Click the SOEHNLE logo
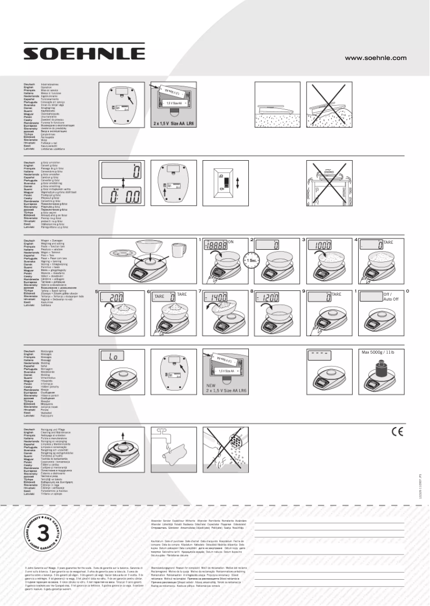click(x=84, y=53)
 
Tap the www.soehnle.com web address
click(x=375, y=58)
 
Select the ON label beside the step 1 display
click(x=231, y=242)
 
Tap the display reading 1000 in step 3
click(x=323, y=245)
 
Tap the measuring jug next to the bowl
click(x=177, y=250)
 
